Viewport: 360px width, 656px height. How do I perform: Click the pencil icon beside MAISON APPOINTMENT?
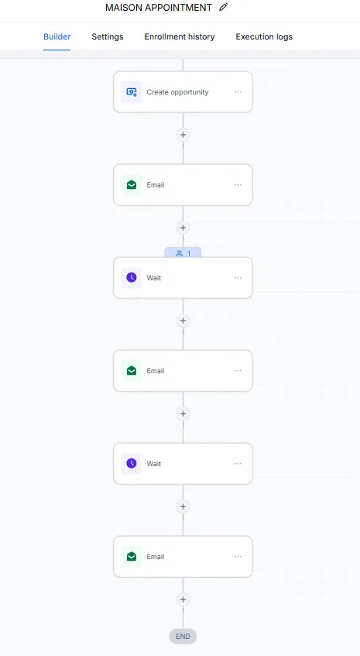(224, 7)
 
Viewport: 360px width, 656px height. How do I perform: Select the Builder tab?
(57, 37)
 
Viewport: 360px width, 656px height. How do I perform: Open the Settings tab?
(108, 37)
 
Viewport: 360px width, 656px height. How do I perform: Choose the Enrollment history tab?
(180, 37)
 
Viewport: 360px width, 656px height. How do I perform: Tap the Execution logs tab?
(264, 37)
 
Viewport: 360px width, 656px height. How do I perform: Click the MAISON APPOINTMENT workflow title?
(159, 8)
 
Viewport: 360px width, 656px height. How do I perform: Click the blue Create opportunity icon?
(132, 92)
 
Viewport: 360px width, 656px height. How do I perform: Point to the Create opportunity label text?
(177, 92)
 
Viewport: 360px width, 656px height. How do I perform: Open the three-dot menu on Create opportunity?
(238, 92)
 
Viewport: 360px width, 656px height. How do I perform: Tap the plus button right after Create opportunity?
(183, 135)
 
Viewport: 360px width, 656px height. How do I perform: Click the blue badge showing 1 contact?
(183, 253)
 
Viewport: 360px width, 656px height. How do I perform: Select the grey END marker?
(183, 637)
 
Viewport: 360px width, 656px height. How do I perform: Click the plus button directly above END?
(183, 599)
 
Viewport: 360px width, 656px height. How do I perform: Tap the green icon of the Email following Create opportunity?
(132, 185)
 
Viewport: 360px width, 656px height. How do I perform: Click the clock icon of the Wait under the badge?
(132, 278)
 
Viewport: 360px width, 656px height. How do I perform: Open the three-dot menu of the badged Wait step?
(238, 278)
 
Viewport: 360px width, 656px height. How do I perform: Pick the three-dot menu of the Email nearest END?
(238, 556)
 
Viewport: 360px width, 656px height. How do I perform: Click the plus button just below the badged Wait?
(183, 321)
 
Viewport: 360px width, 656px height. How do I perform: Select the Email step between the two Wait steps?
(183, 371)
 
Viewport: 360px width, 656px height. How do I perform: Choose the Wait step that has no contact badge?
(183, 464)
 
